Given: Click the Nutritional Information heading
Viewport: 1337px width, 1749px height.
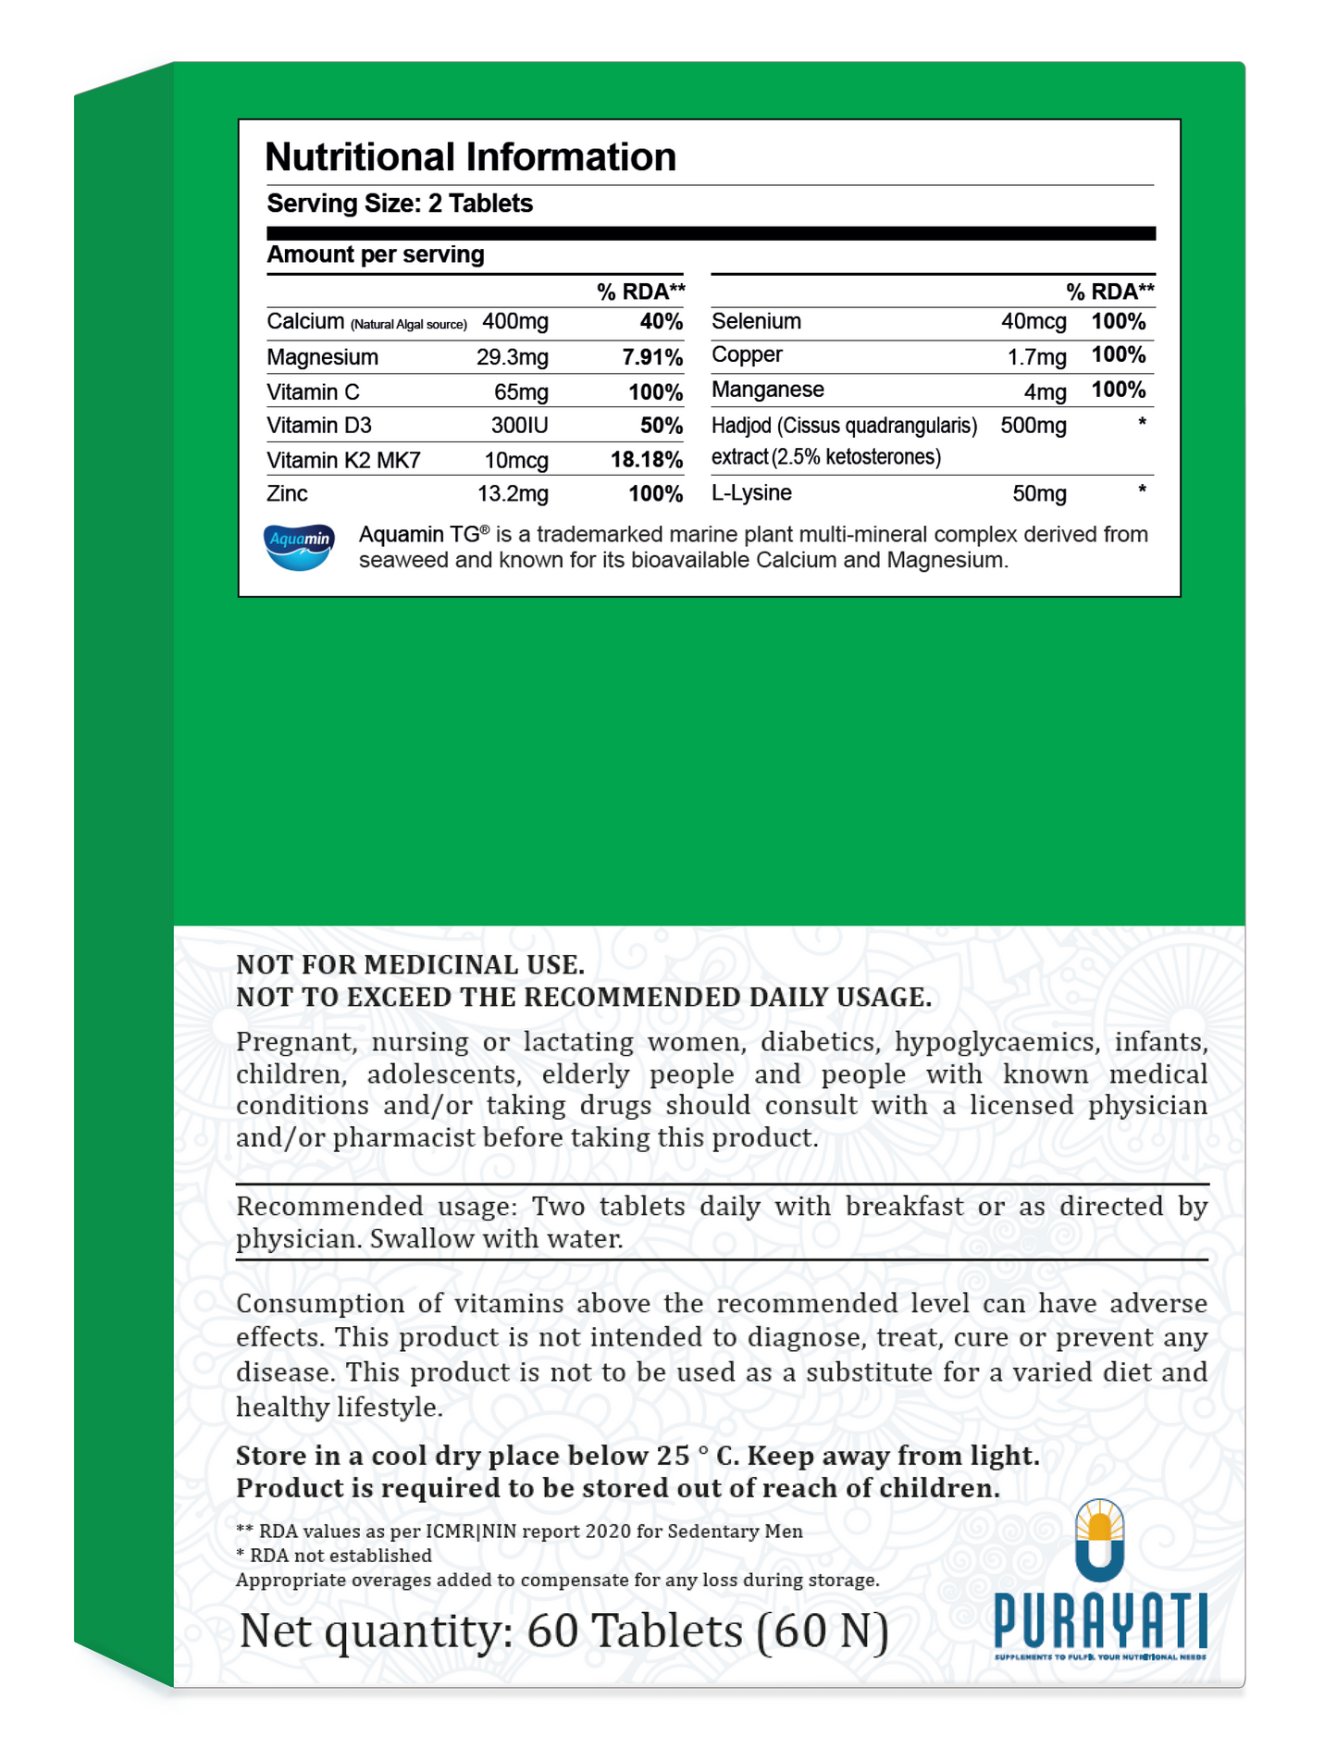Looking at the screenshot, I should (470, 157).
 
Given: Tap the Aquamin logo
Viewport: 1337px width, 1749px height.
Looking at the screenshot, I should (299, 546).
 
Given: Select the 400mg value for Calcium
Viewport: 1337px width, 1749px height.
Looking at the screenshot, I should (515, 322).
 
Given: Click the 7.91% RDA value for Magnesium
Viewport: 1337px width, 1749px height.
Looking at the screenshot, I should (652, 357).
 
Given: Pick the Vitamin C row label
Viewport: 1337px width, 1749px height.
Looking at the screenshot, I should (313, 392).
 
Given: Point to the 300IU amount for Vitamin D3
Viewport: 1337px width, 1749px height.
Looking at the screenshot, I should (519, 426).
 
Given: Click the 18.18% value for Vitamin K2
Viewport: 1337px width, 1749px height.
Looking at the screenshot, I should (646, 460).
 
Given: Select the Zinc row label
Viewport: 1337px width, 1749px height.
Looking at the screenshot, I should (287, 494).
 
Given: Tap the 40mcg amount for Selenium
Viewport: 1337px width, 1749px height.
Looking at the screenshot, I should (1033, 322).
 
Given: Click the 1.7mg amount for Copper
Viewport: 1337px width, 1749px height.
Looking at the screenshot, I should (1036, 356).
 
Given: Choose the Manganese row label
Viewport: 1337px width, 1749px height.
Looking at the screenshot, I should (767, 390).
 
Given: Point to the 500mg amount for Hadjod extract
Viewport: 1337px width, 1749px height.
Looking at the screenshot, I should (1033, 426).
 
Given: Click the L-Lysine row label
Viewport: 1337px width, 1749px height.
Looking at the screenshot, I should (750, 493).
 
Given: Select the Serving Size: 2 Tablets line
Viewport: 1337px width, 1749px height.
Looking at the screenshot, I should (400, 204).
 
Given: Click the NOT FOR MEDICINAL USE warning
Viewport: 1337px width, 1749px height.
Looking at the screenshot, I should (410, 965).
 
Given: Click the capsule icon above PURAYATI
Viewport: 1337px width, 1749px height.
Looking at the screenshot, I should (1099, 1541).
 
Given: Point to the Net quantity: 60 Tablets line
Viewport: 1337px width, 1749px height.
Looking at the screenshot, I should (563, 1630).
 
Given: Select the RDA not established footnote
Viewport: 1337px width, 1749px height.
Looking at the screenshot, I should (334, 1556).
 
